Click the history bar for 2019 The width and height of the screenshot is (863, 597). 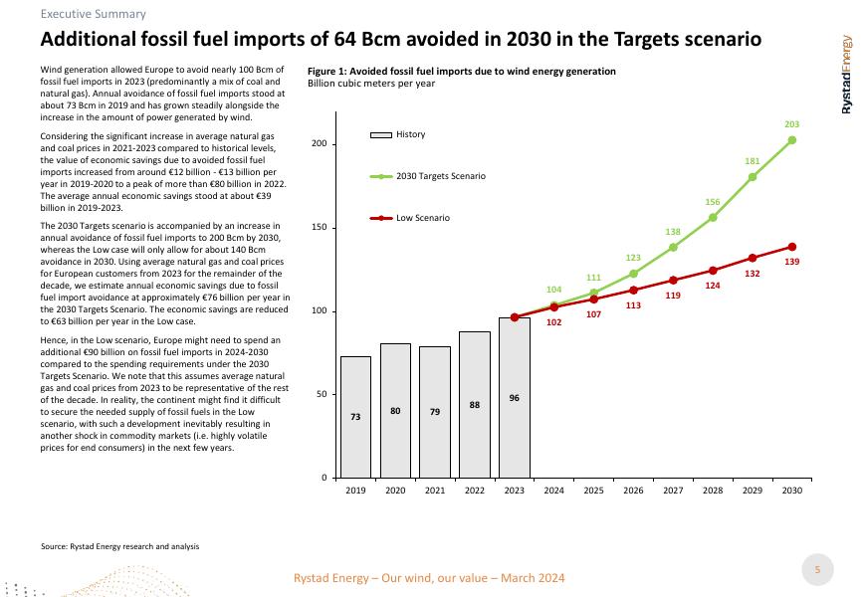point(355,417)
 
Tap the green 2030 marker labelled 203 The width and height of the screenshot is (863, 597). point(792,140)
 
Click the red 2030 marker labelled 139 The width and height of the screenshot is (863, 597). point(792,247)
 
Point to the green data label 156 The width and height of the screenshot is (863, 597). point(713,202)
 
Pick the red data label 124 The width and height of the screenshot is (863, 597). point(713,286)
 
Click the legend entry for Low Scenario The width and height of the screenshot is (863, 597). point(422,218)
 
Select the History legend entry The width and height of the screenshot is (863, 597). point(410,134)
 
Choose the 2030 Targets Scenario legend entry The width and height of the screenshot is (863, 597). point(440,176)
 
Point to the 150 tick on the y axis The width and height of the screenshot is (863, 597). point(319,228)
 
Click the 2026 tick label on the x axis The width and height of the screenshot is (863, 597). point(633,492)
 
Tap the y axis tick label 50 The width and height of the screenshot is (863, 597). point(321,395)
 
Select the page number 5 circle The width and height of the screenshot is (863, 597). point(817,569)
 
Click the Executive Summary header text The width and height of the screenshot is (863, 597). point(94,14)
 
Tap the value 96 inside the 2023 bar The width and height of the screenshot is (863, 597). point(515,398)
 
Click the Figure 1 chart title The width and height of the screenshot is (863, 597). point(462,72)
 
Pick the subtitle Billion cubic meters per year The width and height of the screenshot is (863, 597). point(371,84)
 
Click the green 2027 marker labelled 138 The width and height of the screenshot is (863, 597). point(673,248)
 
